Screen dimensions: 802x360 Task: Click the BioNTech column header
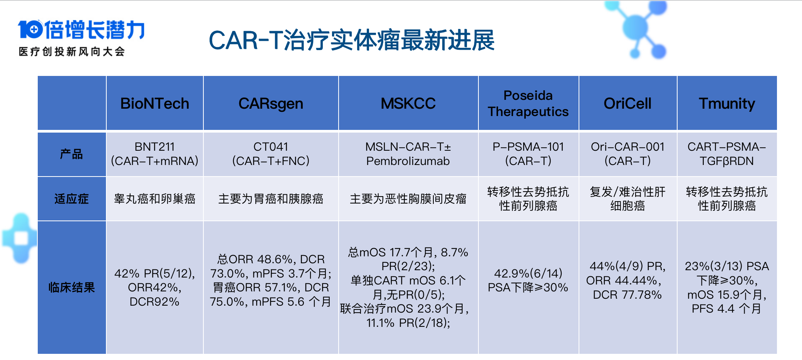[x=154, y=103]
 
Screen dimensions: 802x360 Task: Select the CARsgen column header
[x=271, y=103]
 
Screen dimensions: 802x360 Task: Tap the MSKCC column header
[x=408, y=103]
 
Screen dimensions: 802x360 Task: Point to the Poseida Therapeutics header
[x=528, y=103]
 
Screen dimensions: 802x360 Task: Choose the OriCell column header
[x=628, y=103]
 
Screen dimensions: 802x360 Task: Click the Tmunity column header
[x=727, y=103]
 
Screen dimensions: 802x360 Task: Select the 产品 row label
[x=72, y=154]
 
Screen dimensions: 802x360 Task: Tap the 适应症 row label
[x=72, y=199]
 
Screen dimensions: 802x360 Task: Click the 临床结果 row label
[x=72, y=287]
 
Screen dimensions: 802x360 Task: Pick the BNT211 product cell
[x=154, y=154]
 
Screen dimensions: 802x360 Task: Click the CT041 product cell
[x=271, y=154]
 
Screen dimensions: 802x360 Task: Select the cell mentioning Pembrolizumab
[x=408, y=154]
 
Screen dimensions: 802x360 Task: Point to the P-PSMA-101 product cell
[x=528, y=154]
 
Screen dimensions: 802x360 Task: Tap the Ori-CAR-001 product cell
[x=628, y=154]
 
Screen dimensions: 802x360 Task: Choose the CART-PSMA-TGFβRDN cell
[x=727, y=154]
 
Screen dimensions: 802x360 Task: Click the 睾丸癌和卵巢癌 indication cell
[x=154, y=199]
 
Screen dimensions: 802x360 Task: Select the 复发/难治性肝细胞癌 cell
[x=628, y=199]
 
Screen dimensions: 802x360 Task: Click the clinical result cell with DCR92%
[x=154, y=288]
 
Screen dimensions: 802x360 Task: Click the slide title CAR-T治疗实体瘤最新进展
[x=351, y=40]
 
